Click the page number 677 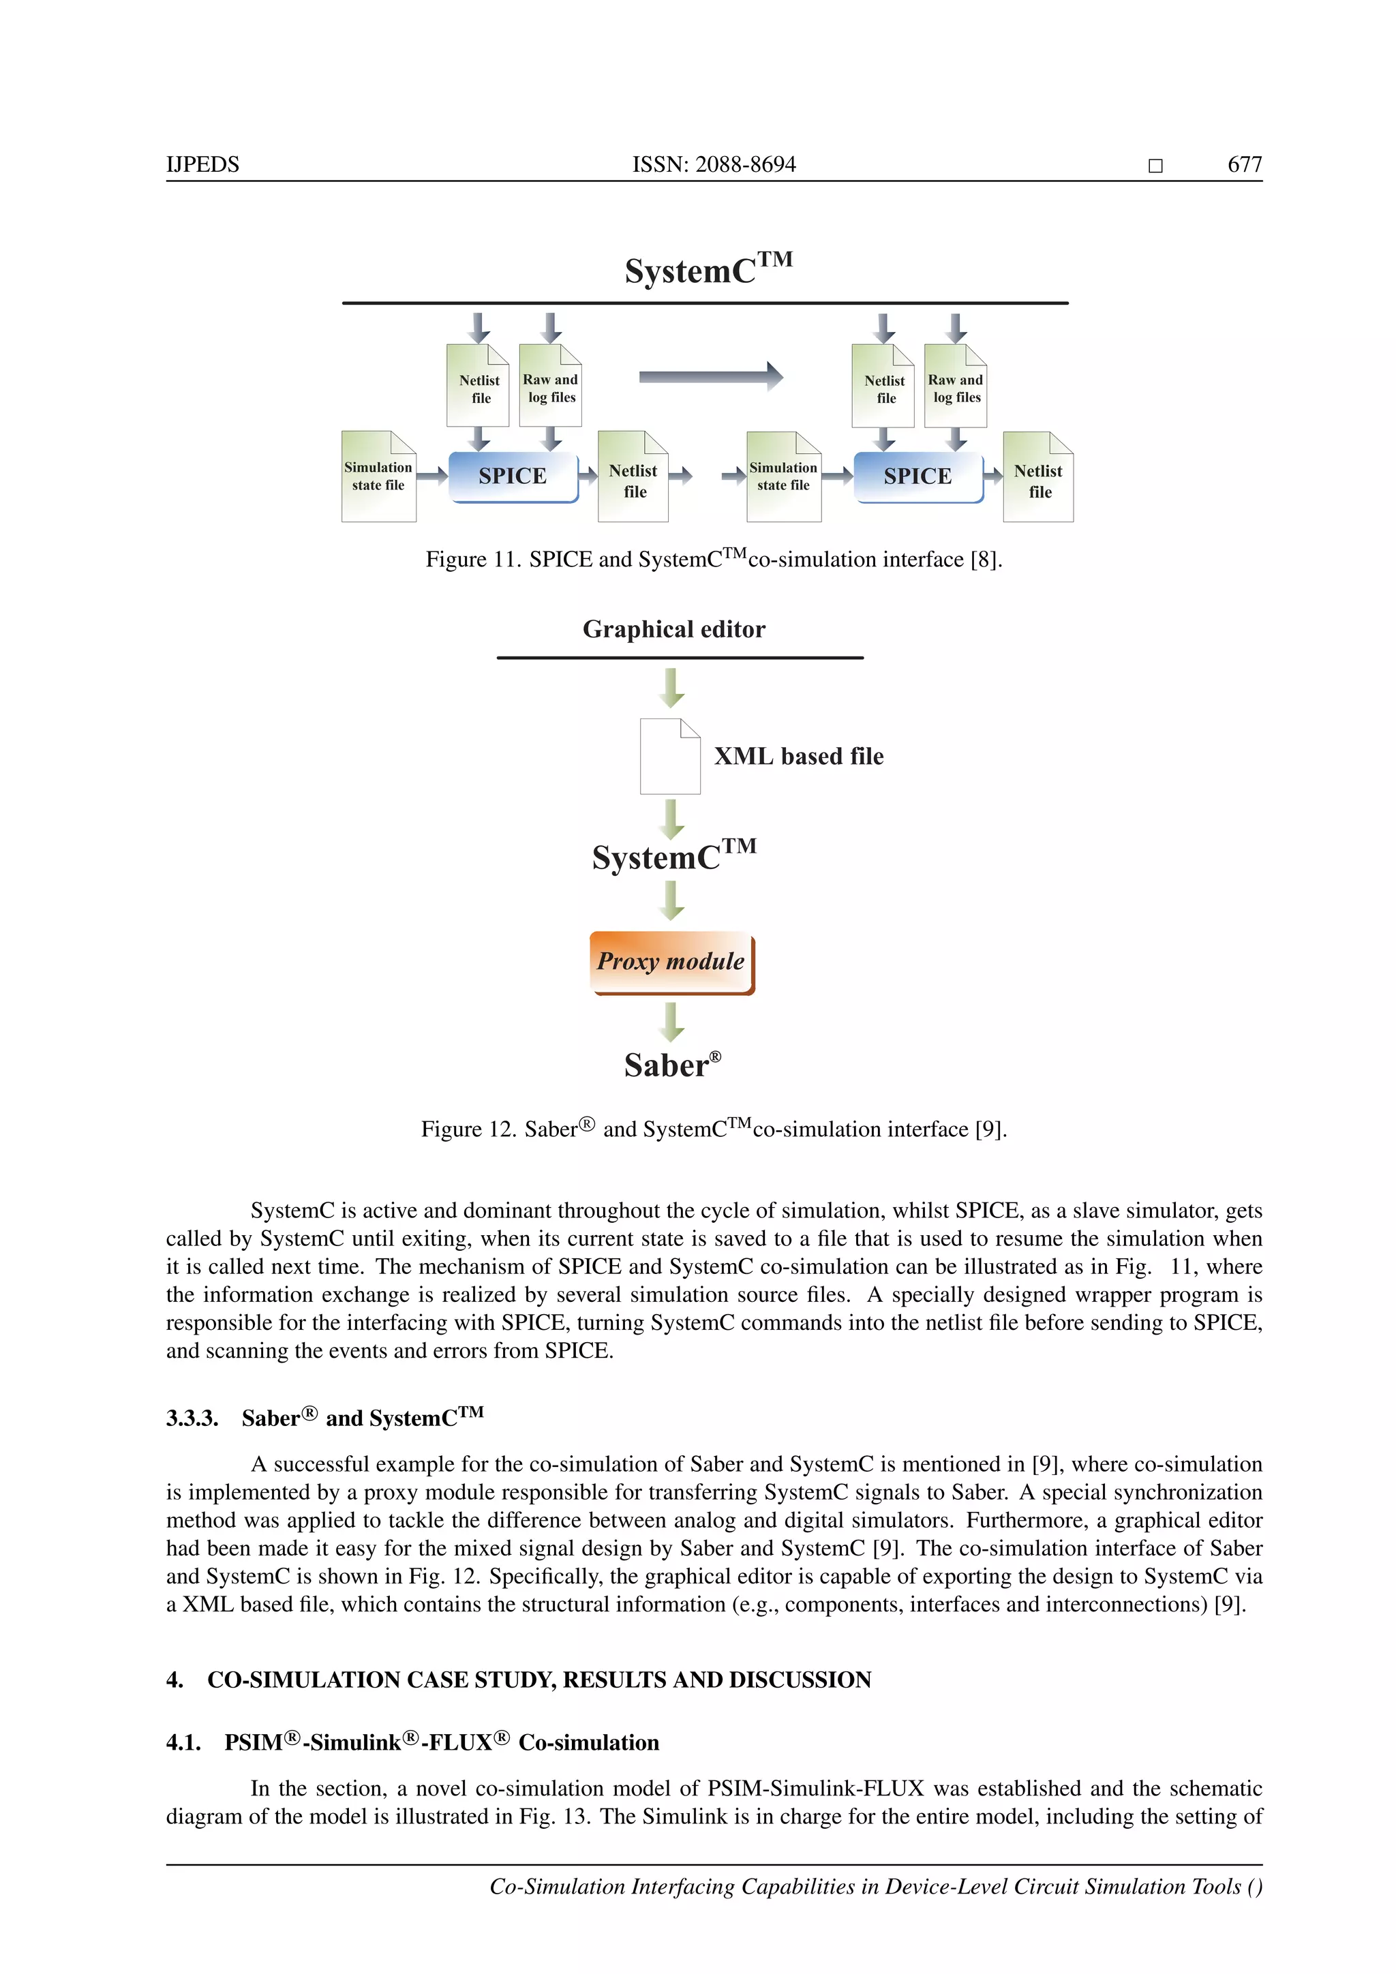coord(1244,164)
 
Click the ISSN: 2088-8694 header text coord(714,164)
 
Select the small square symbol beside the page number coord(1155,166)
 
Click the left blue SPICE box coord(513,476)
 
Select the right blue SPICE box coord(917,476)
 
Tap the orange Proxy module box coord(671,962)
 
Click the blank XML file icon coord(669,757)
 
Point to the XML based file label coord(799,757)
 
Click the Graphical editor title coord(674,629)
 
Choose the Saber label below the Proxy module coord(671,1065)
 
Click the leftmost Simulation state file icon coord(378,476)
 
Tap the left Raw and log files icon coord(551,386)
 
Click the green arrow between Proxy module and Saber coord(671,1021)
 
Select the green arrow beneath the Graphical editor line coord(671,688)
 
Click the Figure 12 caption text coord(714,1129)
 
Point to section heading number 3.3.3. coord(192,1418)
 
